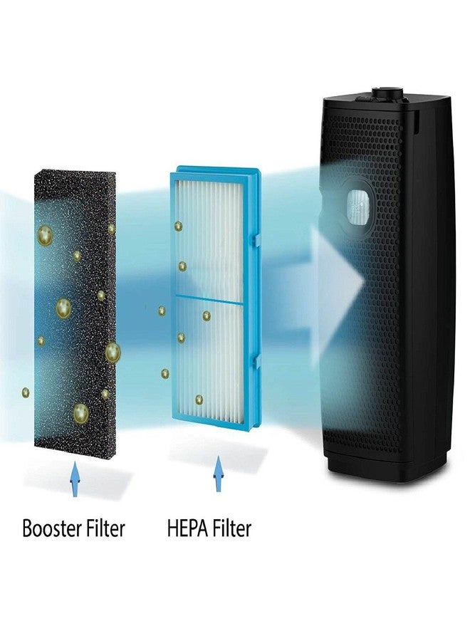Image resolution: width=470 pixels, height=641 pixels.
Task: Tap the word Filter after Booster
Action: tap(105, 528)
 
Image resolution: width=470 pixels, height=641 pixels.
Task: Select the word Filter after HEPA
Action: tap(231, 528)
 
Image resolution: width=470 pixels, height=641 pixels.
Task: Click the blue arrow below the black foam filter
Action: tap(75, 479)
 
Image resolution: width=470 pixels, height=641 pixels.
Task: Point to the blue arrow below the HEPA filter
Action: tap(219, 474)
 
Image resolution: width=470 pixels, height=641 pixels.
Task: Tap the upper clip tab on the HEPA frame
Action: tap(257, 240)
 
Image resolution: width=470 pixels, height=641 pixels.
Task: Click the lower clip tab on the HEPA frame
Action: tap(257, 361)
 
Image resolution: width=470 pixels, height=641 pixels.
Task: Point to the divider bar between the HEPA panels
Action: tap(209, 299)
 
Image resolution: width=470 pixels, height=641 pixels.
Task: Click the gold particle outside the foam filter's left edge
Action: tap(26, 392)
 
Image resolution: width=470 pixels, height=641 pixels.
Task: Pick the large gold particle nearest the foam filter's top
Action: tap(45, 236)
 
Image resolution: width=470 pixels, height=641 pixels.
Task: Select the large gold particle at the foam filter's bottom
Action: tap(80, 413)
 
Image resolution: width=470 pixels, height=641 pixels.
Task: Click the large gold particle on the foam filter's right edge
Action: tap(113, 353)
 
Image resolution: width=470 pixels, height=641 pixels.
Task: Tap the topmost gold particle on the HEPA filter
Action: tap(178, 226)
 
